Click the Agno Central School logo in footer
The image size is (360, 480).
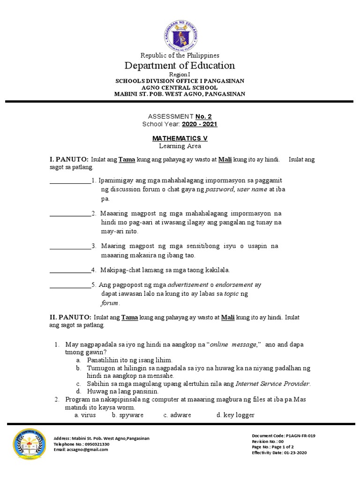(x=30, y=443)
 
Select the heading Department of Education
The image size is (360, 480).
(x=180, y=65)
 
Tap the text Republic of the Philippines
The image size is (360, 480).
(x=180, y=55)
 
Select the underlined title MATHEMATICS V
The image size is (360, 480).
(x=180, y=139)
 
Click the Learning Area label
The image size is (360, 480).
(x=180, y=146)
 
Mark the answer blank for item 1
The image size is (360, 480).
(x=70, y=180)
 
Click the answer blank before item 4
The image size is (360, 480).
(x=70, y=270)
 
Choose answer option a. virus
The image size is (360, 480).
(x=85, y=415)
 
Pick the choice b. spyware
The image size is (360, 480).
(x=128, y=415)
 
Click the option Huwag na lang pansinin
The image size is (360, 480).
(x=123, y=391)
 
